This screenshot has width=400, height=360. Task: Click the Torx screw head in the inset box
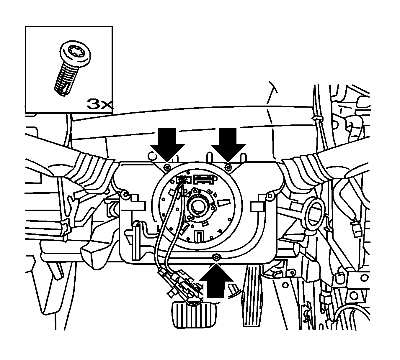point(75,53)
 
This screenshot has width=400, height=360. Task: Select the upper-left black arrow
point(167,145)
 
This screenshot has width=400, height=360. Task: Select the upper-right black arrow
point(228,145)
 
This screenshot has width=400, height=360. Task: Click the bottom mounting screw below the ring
point(216,258)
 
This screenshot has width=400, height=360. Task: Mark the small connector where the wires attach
point(183,180)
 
